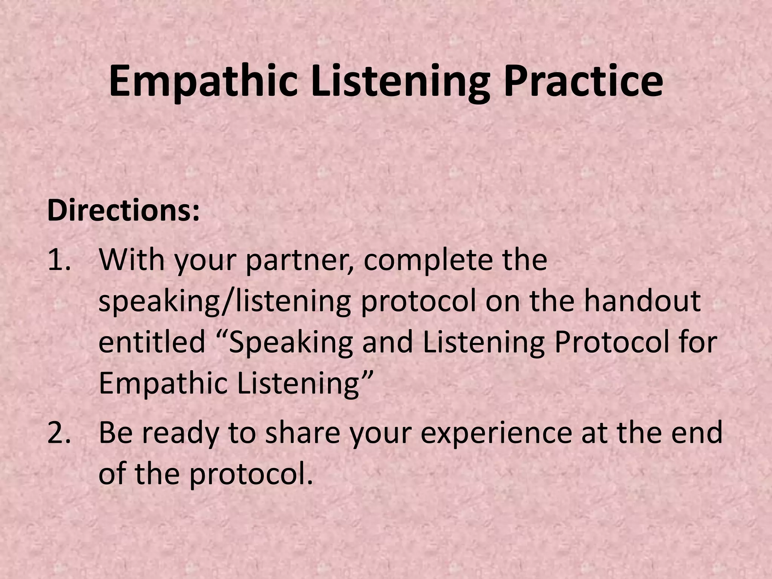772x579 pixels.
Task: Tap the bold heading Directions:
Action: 123,211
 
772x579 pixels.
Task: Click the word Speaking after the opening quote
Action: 291,343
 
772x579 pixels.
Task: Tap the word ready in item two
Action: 181,433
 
